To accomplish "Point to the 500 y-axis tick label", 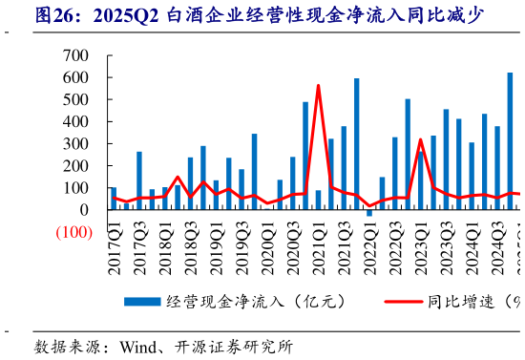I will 78,99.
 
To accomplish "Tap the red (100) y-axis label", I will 73,232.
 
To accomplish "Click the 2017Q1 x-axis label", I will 115,252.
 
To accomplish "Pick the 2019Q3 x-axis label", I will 242,252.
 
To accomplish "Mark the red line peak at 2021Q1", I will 318,86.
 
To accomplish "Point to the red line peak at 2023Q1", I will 420,139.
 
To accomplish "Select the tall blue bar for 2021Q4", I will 356,143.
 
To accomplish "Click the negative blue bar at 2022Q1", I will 369,213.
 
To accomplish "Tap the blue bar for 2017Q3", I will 139,180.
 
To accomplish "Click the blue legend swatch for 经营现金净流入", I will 144,302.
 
